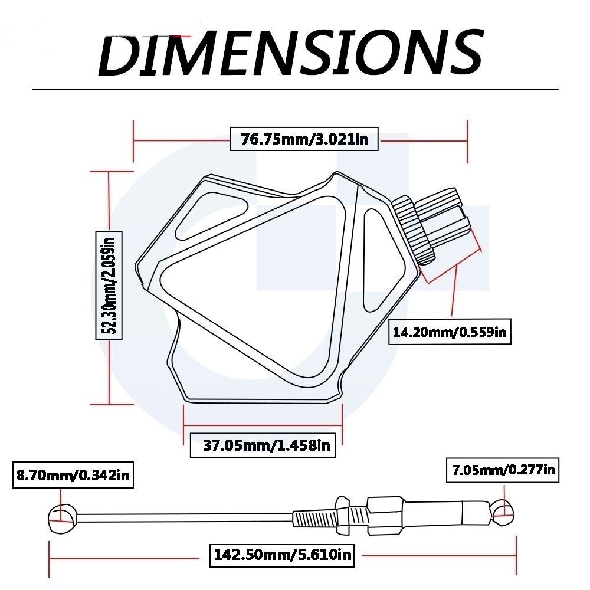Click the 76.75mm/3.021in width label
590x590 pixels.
coord(303,139)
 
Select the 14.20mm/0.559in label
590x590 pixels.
coord(451,332)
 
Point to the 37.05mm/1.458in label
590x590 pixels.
coord(263,444)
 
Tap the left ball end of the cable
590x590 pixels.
coord(61,517)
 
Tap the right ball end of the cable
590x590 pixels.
coord(503,513)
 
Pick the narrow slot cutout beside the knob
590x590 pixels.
coord(372,259)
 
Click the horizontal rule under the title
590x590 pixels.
coord(295,89)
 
